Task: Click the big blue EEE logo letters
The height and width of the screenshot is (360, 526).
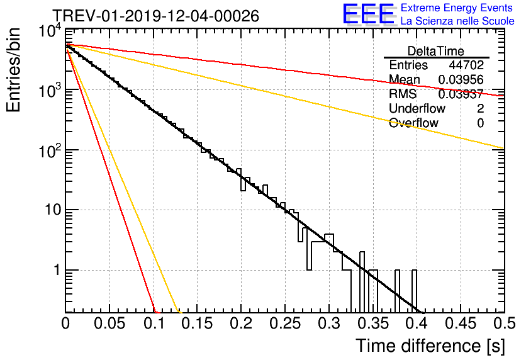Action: click(367, 14)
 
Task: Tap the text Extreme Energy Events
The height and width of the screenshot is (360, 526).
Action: click(457, 8)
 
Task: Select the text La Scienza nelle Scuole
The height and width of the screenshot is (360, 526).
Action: click(457, 21)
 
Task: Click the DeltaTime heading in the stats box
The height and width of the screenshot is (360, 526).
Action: click(436, 51)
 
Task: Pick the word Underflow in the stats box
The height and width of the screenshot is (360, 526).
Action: click(417, 109)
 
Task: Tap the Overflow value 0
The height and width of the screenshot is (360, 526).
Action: click(480, 123)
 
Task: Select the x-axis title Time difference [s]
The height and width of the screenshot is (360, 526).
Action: click(429, 346)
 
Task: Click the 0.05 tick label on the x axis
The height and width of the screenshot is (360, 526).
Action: click(109, 325)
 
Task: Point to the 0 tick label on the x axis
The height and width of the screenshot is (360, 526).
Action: click(65, 325)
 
